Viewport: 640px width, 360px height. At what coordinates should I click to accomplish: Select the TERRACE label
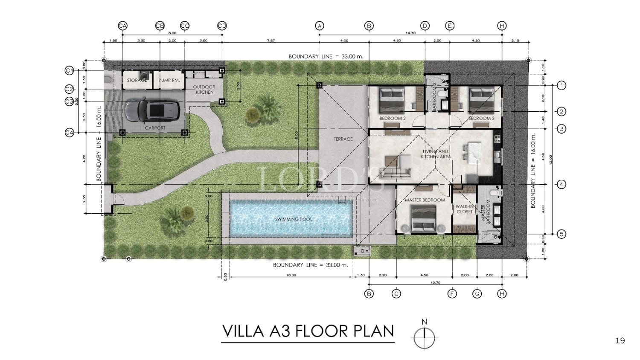(343, 139)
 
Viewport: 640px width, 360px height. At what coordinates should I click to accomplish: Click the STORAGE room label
(137, 80)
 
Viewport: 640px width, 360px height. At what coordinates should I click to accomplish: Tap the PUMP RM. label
(169, 80)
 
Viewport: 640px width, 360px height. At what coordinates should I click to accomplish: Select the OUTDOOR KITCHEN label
(204, 90)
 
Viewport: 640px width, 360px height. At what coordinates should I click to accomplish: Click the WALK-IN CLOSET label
(465, 209)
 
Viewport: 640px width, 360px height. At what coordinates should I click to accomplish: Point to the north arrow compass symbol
(424, 338)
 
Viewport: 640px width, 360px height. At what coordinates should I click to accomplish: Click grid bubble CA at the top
(122, 26)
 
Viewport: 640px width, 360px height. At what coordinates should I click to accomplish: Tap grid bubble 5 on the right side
(561, 234)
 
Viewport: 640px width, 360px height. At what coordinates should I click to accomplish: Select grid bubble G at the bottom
(477, 293)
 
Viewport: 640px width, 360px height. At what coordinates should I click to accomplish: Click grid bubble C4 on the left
(70, 133)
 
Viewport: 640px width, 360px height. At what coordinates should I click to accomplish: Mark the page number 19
(620, 340)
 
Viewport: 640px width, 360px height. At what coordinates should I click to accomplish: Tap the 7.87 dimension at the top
(271, 41)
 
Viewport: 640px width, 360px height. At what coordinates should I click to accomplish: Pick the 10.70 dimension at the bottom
(435, 282)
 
